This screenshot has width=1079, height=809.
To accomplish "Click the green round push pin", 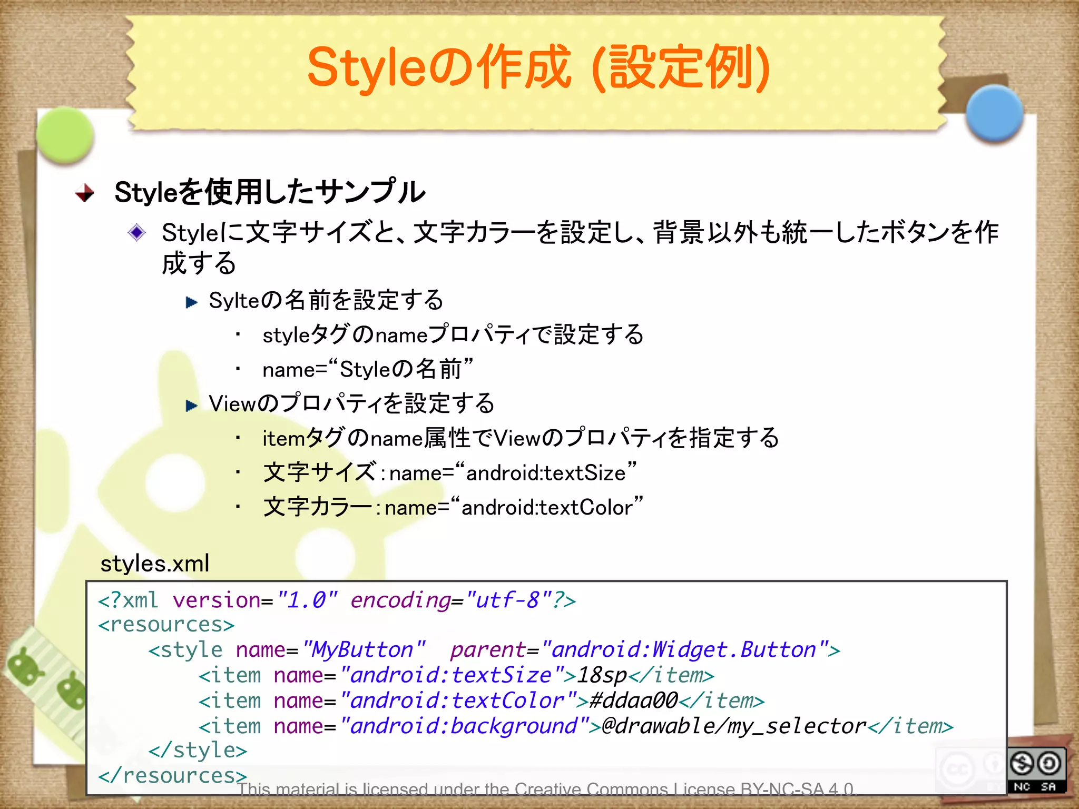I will pos(65,135).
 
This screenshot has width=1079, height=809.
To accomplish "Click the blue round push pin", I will pos(994,114).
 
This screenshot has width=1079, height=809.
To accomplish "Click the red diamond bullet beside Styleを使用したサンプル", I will pos(85,193).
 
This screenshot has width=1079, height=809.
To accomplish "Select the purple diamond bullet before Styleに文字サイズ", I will pos(137,232).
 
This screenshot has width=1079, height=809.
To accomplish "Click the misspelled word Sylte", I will pos(234,301).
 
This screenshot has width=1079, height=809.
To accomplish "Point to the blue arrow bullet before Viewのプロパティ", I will pos(191,405).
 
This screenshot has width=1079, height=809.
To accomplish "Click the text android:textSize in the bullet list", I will pos(545,473).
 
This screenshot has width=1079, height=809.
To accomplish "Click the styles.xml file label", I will pos(155,564).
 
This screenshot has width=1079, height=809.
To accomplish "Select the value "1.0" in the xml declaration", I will pos(307,600).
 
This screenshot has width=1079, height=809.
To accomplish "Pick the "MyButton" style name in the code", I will pos(364,650).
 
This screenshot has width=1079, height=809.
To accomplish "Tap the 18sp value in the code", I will pos(602,675).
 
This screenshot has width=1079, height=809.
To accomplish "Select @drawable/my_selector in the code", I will pos(733,726).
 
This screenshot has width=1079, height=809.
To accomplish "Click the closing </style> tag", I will pos(198,751).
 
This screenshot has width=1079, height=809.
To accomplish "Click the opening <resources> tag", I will pos(166,625).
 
